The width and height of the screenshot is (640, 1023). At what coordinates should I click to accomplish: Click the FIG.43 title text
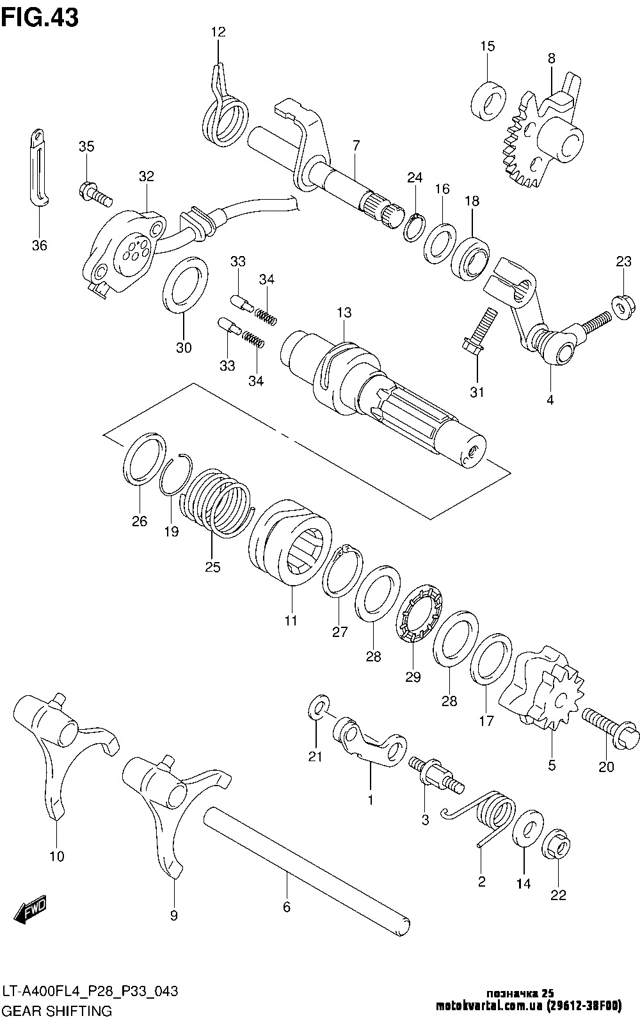click(x=40, y=17)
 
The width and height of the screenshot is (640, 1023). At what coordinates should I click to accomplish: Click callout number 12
click(x=218, y=32)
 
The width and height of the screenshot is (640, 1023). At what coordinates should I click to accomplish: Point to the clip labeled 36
click(x=39, y=167)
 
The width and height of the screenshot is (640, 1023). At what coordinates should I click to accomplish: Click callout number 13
click(x=344, y=313)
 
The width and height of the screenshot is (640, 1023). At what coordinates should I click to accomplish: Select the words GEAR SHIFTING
click(x=57, y=1011)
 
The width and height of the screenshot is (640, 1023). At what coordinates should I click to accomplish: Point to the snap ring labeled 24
click(x=415, y=227)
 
